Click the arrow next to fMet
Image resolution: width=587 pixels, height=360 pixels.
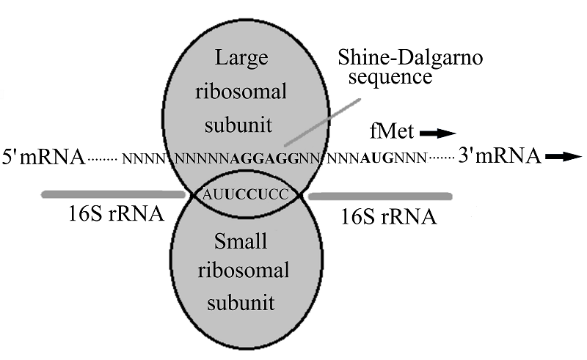(x=438, y=133)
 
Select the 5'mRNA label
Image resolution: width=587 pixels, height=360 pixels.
(x=43, y=156)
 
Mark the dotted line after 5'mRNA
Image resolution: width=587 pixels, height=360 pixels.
(x=103, y=158)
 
